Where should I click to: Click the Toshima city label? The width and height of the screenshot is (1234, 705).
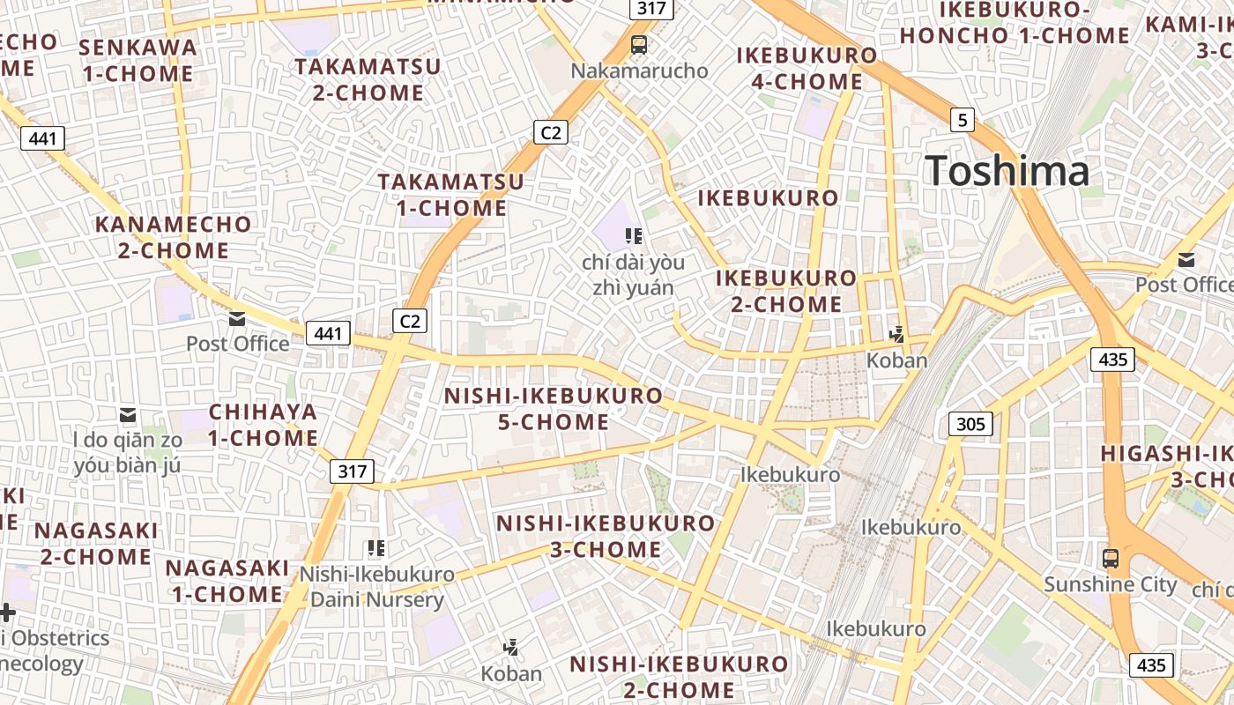click(1007, 170)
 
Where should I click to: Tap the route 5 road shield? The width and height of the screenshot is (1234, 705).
click(963, 119)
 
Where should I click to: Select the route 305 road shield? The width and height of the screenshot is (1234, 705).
click(970, 425)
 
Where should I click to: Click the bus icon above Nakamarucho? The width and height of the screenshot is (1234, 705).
click(639, 44)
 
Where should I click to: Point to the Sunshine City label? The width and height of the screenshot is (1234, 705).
click(1111, 584)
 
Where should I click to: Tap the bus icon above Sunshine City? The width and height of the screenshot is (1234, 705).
click(1111, 558)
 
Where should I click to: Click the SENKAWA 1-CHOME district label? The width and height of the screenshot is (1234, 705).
click(138, 61)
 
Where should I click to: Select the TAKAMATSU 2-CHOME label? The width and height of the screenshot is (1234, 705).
click(368, 79)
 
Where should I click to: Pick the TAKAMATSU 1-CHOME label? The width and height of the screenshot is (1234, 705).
click(451, 195)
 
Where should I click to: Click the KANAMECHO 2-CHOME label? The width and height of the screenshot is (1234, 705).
click(174, 237)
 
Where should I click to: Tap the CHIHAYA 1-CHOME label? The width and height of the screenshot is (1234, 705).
click(263, 425)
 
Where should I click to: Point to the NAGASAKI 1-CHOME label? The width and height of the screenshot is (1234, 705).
click(227, 581)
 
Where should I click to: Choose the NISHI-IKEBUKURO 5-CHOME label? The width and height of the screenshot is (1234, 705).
click(553, 409)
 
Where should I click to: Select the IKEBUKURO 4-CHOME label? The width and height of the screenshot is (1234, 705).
click(807, 69)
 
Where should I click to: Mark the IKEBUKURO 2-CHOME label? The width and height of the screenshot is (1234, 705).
click(786, 291)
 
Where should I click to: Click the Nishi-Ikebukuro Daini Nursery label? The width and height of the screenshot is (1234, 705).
click(377, 587)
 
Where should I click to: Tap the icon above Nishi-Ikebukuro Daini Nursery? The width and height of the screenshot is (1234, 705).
click(376, 548)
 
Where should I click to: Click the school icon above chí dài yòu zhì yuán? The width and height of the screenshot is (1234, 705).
click(633, 235)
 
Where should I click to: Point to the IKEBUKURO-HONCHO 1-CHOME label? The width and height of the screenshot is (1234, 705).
click(1014, 23)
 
